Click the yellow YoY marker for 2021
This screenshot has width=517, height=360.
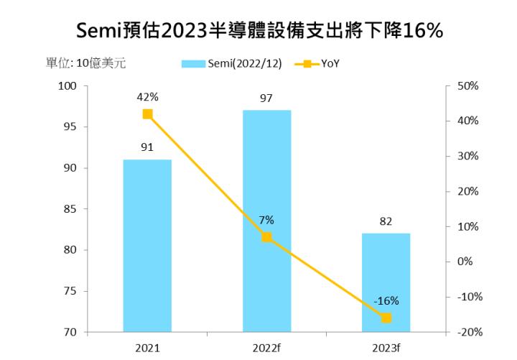[147, 114]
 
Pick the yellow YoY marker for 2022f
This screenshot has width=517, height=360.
[266, 237]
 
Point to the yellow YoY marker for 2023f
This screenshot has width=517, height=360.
[386, 318]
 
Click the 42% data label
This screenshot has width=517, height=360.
[147, 96]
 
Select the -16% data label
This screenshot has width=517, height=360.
[386, 300]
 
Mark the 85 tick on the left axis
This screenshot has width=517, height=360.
[70, 209]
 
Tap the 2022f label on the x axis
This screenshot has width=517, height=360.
[266, 348]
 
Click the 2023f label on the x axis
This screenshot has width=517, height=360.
[386, 348]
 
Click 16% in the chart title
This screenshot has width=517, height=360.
[417, 31]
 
